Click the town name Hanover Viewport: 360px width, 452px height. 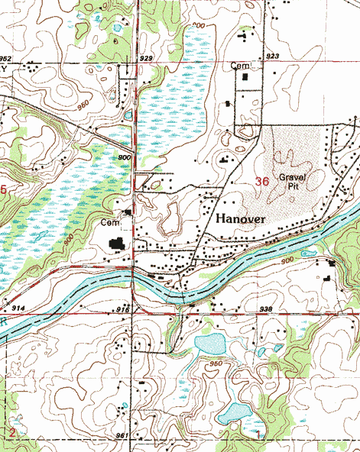coord(241,219)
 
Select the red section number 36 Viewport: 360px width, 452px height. coord(261,181)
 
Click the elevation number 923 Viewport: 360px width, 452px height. coord(272,56)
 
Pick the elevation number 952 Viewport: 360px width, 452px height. coord(6,58)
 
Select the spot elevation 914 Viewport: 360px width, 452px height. coord(19,307)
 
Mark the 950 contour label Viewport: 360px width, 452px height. coord(215,364)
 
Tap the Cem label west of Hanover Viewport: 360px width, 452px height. coord(109,222)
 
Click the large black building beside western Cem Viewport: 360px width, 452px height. coord(117,244)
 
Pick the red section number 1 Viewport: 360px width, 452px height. coord(258,435)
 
